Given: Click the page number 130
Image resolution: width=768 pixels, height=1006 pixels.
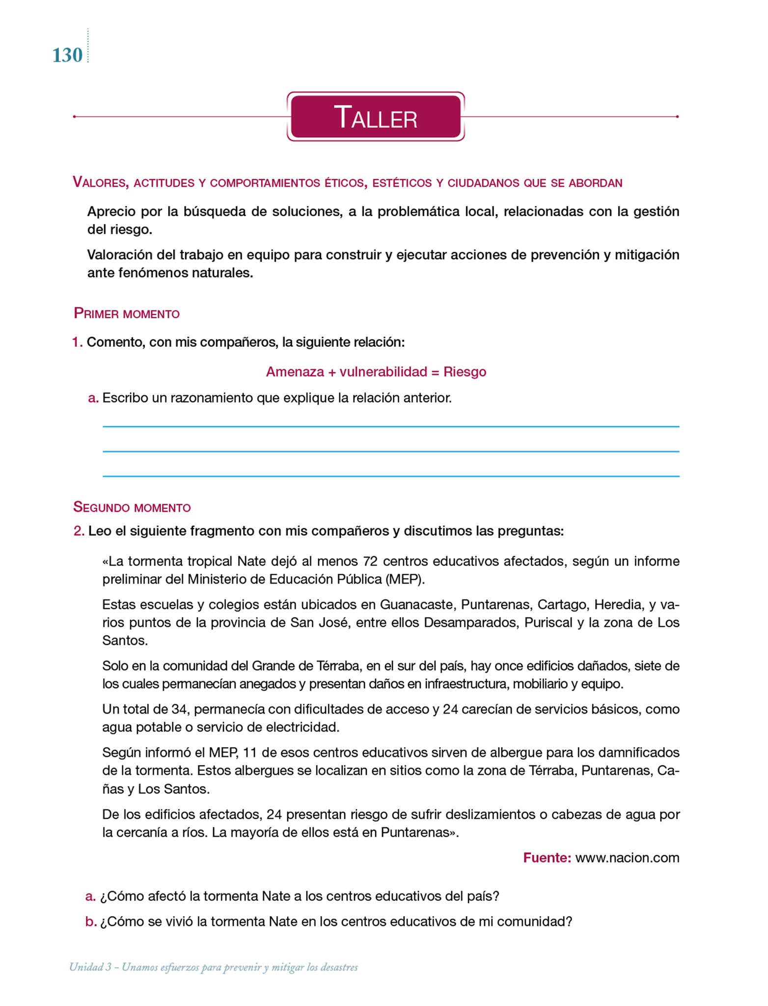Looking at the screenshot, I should (x=67, y=55).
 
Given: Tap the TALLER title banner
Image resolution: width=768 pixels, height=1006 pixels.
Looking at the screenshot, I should (x=376, y=117).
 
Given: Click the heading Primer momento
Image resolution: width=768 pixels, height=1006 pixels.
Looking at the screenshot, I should (x=127, y=313).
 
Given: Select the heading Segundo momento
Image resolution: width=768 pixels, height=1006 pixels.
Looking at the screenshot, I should (x=132, y=507).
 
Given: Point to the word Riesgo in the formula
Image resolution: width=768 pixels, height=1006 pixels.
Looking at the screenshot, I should (x=465, y=372).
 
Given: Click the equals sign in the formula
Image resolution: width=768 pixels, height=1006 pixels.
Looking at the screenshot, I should (x=435, y=372).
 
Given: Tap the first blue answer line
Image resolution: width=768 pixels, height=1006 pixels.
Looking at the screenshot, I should (x=390, y=426).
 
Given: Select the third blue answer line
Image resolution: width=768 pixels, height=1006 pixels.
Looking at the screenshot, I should (x=390, y=476).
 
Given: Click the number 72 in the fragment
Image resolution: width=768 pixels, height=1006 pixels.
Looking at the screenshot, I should (x=371, y=561).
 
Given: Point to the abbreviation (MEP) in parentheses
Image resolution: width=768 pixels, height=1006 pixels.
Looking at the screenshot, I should (x=404, y=579).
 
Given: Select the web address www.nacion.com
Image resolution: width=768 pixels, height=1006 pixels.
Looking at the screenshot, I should (x=627, y=858).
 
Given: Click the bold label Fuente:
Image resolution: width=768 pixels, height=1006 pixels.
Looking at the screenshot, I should (x=547, y=858).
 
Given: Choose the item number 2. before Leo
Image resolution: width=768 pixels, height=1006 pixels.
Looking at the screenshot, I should (x=79, y=531).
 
